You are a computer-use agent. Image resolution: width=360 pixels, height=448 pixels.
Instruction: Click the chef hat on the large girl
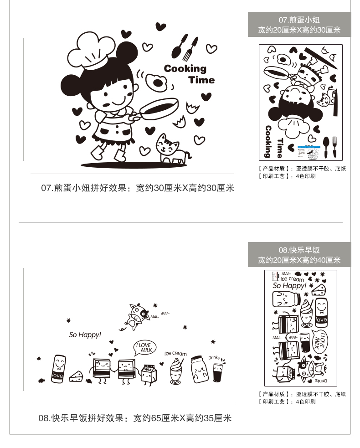coord(93,48)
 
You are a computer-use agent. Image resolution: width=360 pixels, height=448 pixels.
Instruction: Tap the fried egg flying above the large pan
coord(157,82)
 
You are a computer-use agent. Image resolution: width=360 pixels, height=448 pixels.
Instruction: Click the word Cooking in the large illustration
coord(185,69)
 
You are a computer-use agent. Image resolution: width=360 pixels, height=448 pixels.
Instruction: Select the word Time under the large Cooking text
coord(201,80)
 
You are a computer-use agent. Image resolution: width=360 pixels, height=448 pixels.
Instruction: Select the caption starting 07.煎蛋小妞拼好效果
coord(137,188)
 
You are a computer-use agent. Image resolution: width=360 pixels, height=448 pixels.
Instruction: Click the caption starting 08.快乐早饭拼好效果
coord(135,417)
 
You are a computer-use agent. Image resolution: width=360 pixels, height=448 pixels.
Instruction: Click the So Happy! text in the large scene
coord(85,335)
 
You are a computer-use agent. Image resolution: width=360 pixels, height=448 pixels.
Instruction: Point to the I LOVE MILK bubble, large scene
coord(144,348)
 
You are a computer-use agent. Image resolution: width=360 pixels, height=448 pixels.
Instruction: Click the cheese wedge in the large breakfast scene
coord(76,376)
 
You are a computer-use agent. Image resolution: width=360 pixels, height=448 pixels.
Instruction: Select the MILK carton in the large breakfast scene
coord(148,374)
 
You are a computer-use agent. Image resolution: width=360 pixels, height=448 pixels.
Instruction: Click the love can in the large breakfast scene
coord(57,368)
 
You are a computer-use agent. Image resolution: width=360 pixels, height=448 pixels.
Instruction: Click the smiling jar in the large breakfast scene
coord(199,370)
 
